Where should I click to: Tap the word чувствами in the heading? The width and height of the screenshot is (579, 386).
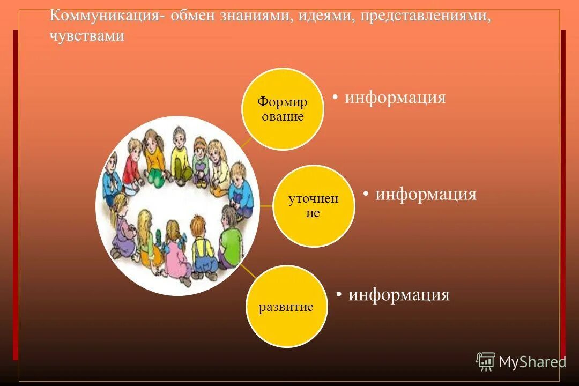87,36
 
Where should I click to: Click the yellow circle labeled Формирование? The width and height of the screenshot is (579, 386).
283,109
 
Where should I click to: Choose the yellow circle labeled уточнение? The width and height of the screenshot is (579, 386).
314,206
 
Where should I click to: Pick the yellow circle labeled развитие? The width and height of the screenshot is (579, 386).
286,306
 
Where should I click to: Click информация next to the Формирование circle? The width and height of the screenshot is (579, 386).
395,98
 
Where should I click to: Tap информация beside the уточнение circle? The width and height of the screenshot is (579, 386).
426,194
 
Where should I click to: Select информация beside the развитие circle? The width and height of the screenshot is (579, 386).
399,295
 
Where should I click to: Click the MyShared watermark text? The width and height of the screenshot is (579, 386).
532,362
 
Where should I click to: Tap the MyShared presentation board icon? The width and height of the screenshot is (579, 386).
486,362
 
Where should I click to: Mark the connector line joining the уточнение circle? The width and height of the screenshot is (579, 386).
265,205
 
